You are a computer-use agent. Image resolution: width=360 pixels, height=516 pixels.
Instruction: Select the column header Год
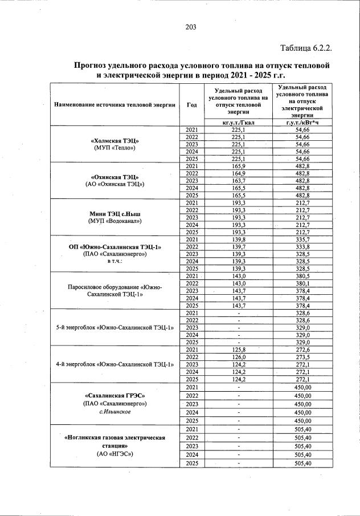click(191, 105)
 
